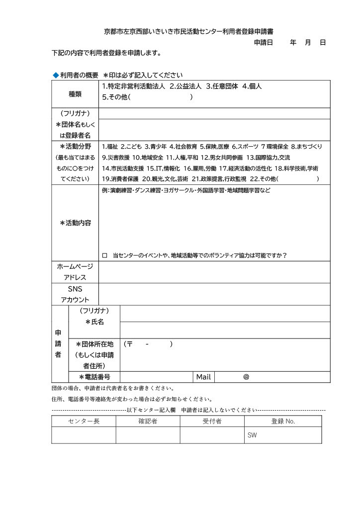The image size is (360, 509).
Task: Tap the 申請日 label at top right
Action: click(x=264, y=43)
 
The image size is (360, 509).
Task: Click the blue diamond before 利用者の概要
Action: click(x=56, y=75)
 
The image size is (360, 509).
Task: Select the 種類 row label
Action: click(x=75, y=93)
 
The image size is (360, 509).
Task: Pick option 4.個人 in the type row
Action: click(x=252, y=86)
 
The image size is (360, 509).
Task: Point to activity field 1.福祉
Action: click(x=110, y=147)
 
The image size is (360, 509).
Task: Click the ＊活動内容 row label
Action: click(x=75, y=223)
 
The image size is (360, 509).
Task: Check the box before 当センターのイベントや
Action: click(x=104, y=255)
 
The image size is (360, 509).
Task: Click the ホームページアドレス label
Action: click(x=75, y=272)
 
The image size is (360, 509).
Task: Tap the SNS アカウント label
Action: click(x=75, y=294)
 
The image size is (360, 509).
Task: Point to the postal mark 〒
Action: click(x=130, y=344)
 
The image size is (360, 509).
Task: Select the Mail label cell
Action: click(x=204, y=377)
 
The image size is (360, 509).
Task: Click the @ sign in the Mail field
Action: click(x=246, y=377)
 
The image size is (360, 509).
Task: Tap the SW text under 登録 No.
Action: click(x=252, y=435)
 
